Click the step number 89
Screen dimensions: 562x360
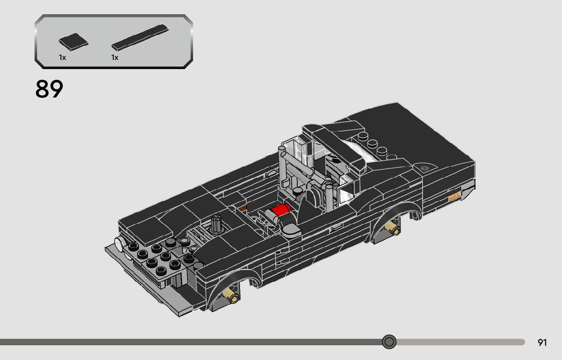click(x=49, y=89)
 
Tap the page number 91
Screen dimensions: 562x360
click(x=542, y=342)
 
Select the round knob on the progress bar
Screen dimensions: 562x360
click(x=389, y=342)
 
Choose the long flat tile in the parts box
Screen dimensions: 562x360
click(x=140, y=37)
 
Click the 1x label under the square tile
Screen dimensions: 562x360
click(x=63, y=58)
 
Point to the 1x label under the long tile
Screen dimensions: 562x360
click(x=115, y=58)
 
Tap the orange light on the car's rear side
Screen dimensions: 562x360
click(x=455, y=196)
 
